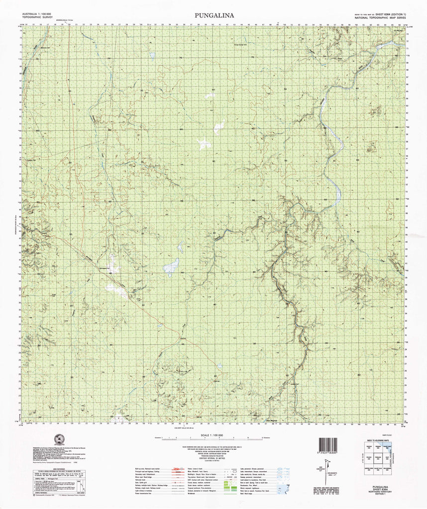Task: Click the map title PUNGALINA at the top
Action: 214,15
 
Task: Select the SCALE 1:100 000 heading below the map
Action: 214,435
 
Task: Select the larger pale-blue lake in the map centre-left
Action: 171,267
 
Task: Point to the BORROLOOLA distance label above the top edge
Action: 66,21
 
